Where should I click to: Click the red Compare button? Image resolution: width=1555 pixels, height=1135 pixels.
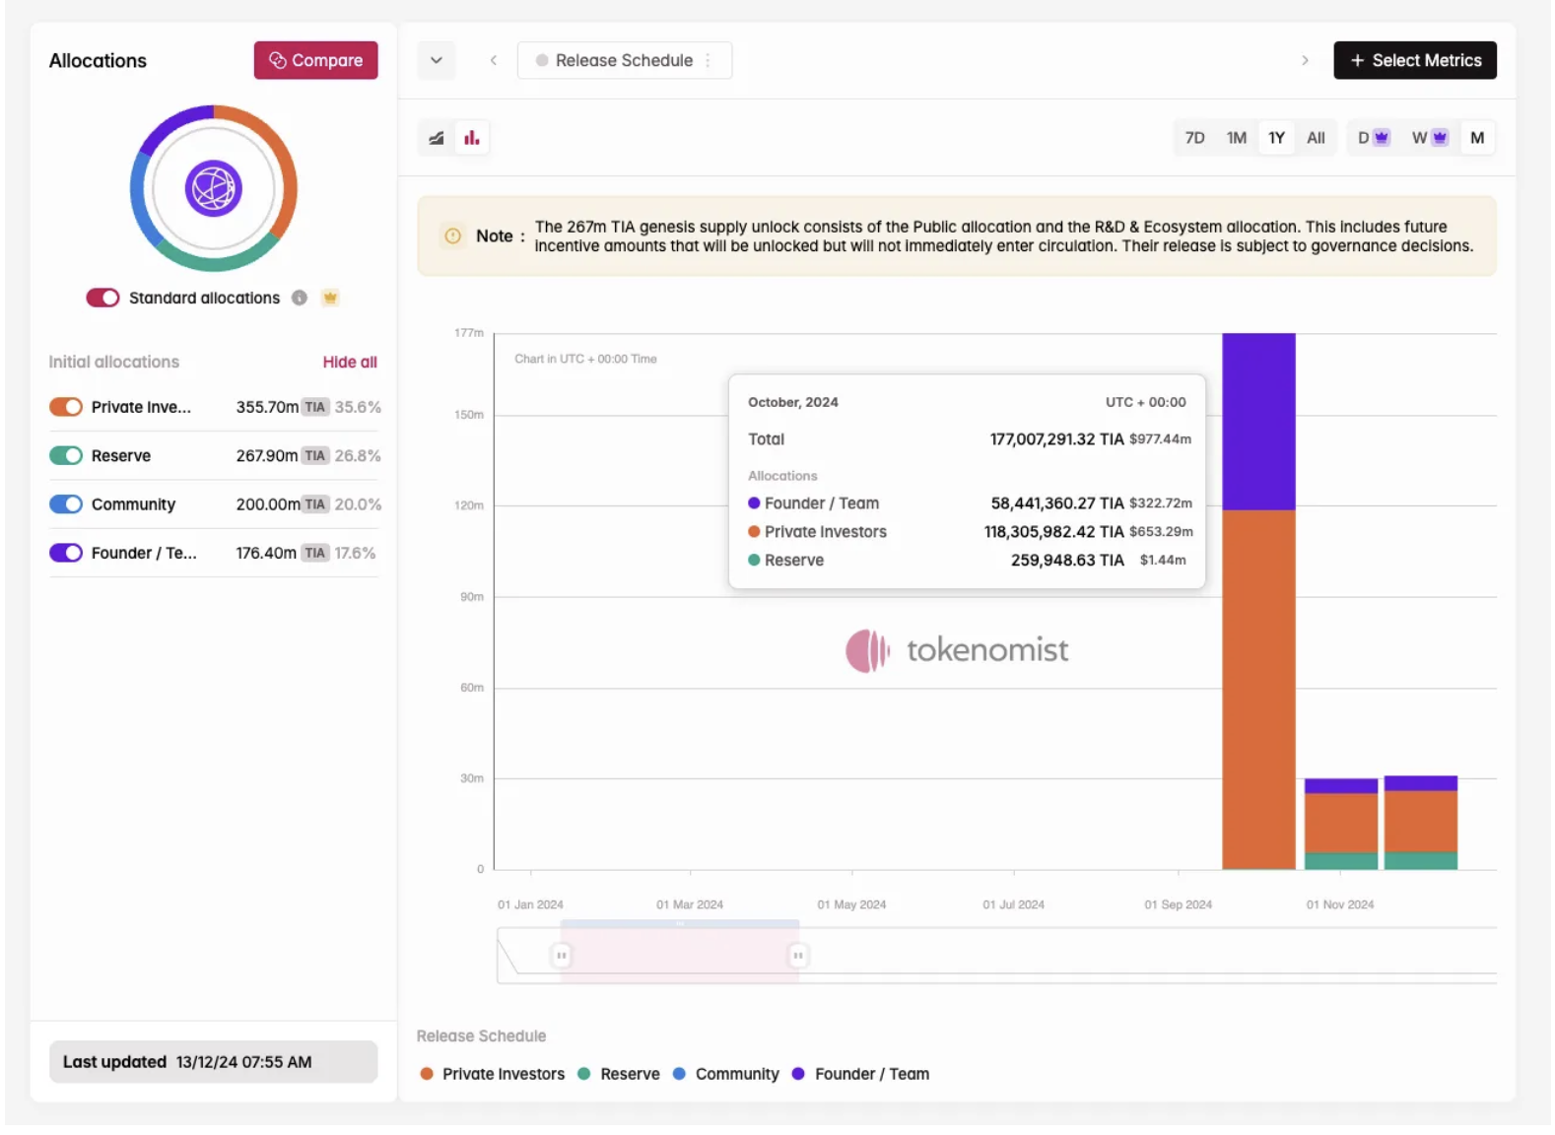point(315,60)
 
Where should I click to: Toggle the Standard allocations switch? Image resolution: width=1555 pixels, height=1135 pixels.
point(102,298)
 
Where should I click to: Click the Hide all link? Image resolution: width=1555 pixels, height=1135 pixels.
point(349,362)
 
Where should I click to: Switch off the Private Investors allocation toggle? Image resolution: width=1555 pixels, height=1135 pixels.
point(66,407)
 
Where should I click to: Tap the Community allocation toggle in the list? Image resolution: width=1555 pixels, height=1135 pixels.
point(66,504)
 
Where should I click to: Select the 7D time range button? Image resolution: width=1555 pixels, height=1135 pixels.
point(1194,138)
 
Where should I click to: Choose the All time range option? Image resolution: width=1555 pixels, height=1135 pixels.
point(1316,138)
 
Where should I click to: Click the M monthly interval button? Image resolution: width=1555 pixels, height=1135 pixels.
point(1476,138)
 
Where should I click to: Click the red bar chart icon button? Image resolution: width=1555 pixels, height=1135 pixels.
point(472,138)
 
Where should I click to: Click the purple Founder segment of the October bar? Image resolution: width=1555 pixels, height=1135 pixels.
point(1258,422)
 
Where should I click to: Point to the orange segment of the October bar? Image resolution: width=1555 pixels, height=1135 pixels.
point(1258,690)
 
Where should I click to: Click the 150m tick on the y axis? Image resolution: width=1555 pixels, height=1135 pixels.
point(469,415)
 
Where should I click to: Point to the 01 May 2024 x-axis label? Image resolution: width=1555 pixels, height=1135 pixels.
point(851,904)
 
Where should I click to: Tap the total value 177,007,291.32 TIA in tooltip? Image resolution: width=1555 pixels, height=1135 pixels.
point(1055,439)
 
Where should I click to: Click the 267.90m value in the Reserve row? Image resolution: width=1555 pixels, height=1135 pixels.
point(266,456)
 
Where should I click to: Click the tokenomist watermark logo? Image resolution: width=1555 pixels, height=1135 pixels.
point(956,650)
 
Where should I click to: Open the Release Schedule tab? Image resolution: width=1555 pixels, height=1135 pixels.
point(624,60)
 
